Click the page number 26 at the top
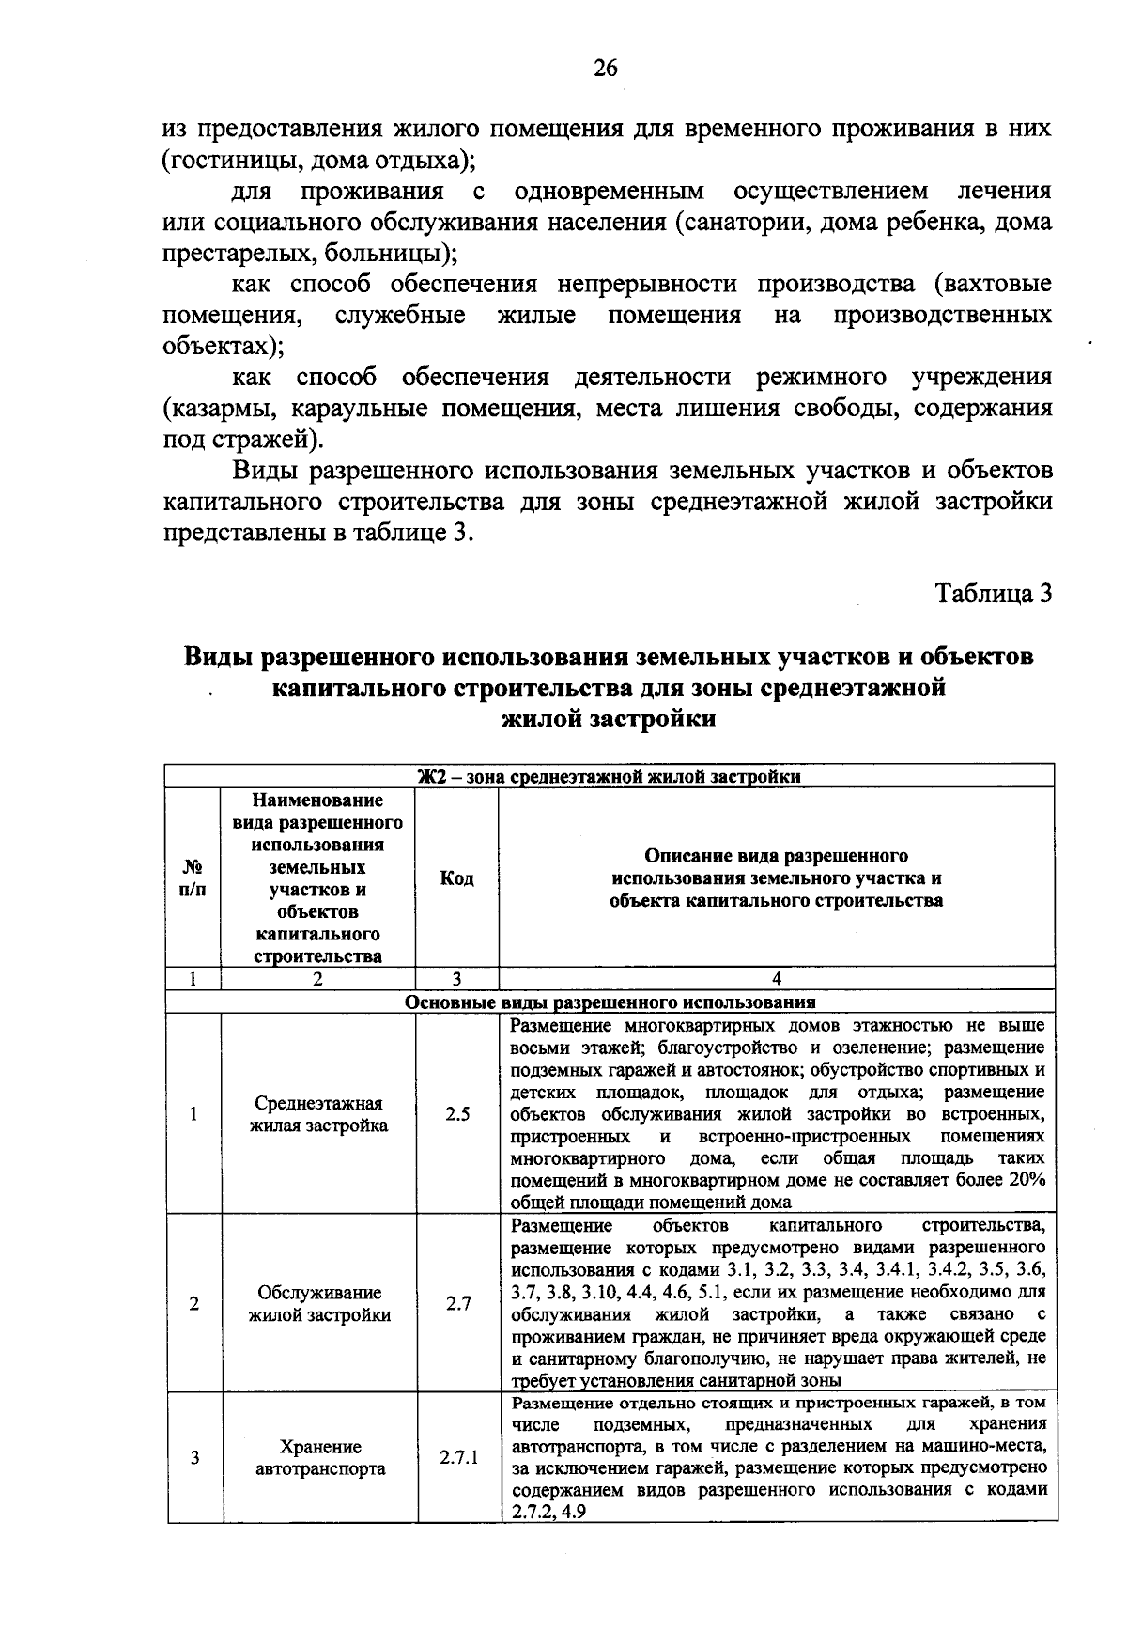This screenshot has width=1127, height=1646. [606, 67]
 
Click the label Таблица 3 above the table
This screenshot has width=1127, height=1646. [993, 594]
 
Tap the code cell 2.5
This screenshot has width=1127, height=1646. [457, 1114]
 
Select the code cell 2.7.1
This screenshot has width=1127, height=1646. [458, 1458]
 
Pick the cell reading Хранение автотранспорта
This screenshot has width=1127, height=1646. [320, 1458]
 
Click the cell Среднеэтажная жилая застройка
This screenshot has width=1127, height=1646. [318, 1114]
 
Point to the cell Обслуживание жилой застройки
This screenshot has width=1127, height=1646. [319, 1304]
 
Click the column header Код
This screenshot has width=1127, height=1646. [457, 878]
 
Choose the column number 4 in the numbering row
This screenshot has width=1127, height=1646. [776, 979]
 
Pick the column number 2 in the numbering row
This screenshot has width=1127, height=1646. [318, 979]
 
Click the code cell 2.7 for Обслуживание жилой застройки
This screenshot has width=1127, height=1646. [457, 1304]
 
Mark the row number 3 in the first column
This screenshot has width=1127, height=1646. [194, 1458]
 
